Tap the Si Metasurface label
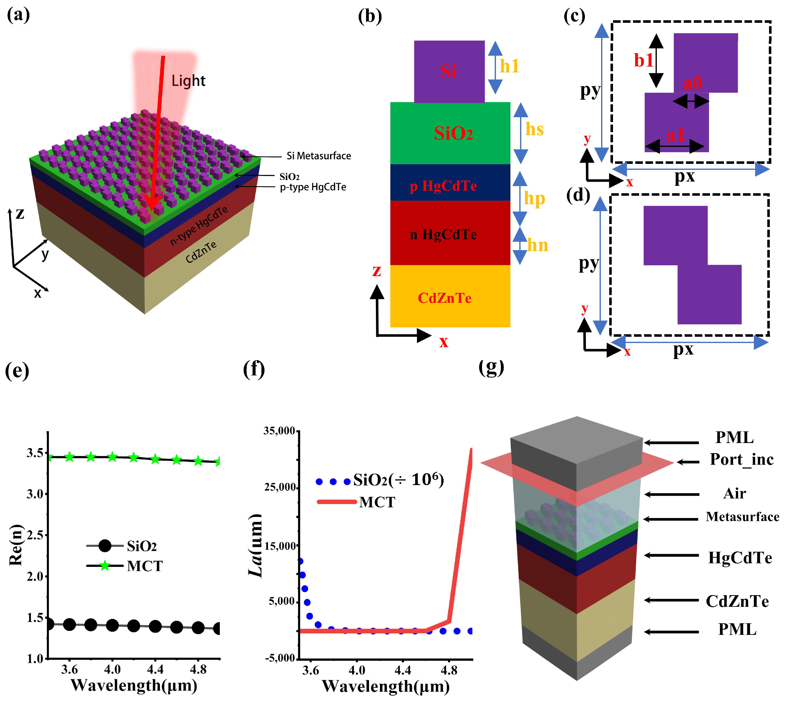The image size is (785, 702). (x=318, y=156)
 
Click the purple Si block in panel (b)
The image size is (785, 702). (x=449, y=71)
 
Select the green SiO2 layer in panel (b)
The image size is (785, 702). (x=450, y=133)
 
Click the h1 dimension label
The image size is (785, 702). (x=509, y=66)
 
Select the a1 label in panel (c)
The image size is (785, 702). (x=675, y=135)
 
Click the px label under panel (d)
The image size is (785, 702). (x=683, y=349)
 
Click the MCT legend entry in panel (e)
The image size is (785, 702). (x=144, y=566)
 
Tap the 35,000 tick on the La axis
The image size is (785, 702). (x=279, y=431)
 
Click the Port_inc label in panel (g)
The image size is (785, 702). (x=741, y=459)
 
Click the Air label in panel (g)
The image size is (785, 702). (x=734, y=493)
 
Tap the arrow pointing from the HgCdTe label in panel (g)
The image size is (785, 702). (x=671, y=555)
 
